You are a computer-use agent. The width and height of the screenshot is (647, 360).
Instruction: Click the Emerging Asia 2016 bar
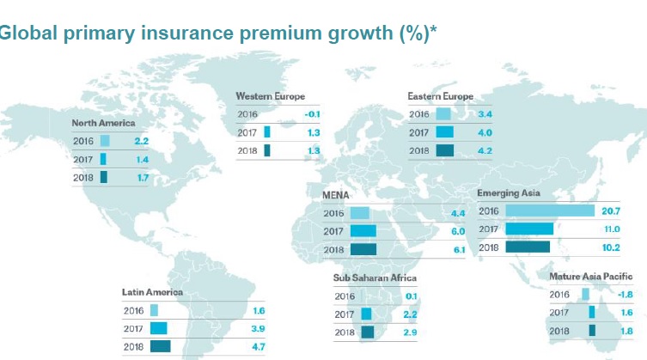550,211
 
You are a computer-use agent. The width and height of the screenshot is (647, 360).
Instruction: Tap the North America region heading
103,123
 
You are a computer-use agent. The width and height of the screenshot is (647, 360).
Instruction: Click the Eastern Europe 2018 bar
444,150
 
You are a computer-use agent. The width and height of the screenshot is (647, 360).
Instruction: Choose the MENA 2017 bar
363,231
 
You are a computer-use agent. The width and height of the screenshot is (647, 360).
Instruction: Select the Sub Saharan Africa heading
375,278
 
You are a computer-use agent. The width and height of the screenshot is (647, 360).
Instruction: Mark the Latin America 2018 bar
160,346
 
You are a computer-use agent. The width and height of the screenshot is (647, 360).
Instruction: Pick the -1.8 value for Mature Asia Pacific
629,295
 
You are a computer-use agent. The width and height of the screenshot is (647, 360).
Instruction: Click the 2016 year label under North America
83,141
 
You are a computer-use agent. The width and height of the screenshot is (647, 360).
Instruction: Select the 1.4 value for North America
141,160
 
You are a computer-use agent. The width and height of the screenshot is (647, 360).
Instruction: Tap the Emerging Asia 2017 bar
529,229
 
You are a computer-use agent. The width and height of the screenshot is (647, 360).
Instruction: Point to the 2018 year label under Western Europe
247,151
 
